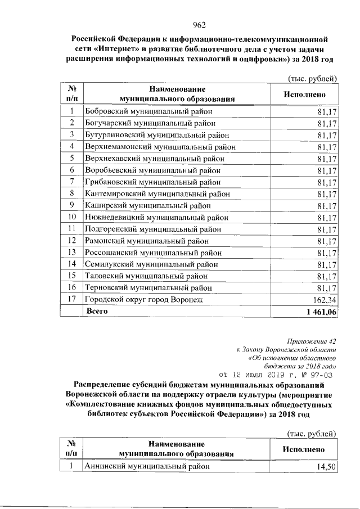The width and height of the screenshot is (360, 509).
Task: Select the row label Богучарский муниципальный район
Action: coord(149,123)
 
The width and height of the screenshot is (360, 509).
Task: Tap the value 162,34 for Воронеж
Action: coord(323,300)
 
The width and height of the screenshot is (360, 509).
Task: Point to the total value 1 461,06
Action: coord(319,312)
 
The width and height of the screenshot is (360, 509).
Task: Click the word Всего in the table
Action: coord(96,311)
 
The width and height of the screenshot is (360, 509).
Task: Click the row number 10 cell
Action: coord(72,217)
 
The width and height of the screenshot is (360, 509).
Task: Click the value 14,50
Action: coord(327,467)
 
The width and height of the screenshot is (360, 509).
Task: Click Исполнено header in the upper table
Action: coord(304,94)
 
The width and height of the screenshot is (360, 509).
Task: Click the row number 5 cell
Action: coord(72,158)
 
